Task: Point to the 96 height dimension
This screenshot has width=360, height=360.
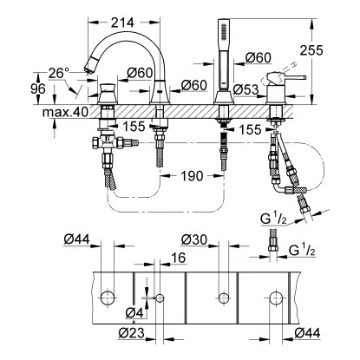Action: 13,89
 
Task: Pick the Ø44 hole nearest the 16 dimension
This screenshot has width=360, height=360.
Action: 108,298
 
